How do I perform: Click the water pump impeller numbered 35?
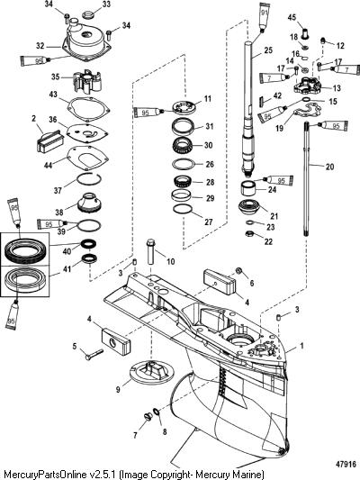click(x=87, y=81)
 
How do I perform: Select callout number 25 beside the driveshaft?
click(x=268, y=50)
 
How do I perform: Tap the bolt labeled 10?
click(x=151, y=251)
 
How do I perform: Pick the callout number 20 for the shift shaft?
click(x=329, y=167)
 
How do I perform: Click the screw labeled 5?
click(x=94, y=354)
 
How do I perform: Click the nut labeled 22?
click(x=250, y=234)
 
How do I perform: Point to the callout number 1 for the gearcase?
click(x=301, y=346)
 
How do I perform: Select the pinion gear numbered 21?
click(x=249, y=208)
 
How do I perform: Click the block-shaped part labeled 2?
click(x=50, y=140)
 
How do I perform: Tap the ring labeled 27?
click(x=183, y=209)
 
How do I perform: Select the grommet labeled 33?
click(x=91, y=14)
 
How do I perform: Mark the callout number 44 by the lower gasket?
click(x=48, y=165)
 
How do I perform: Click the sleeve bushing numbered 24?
click(x=249, y=188)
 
